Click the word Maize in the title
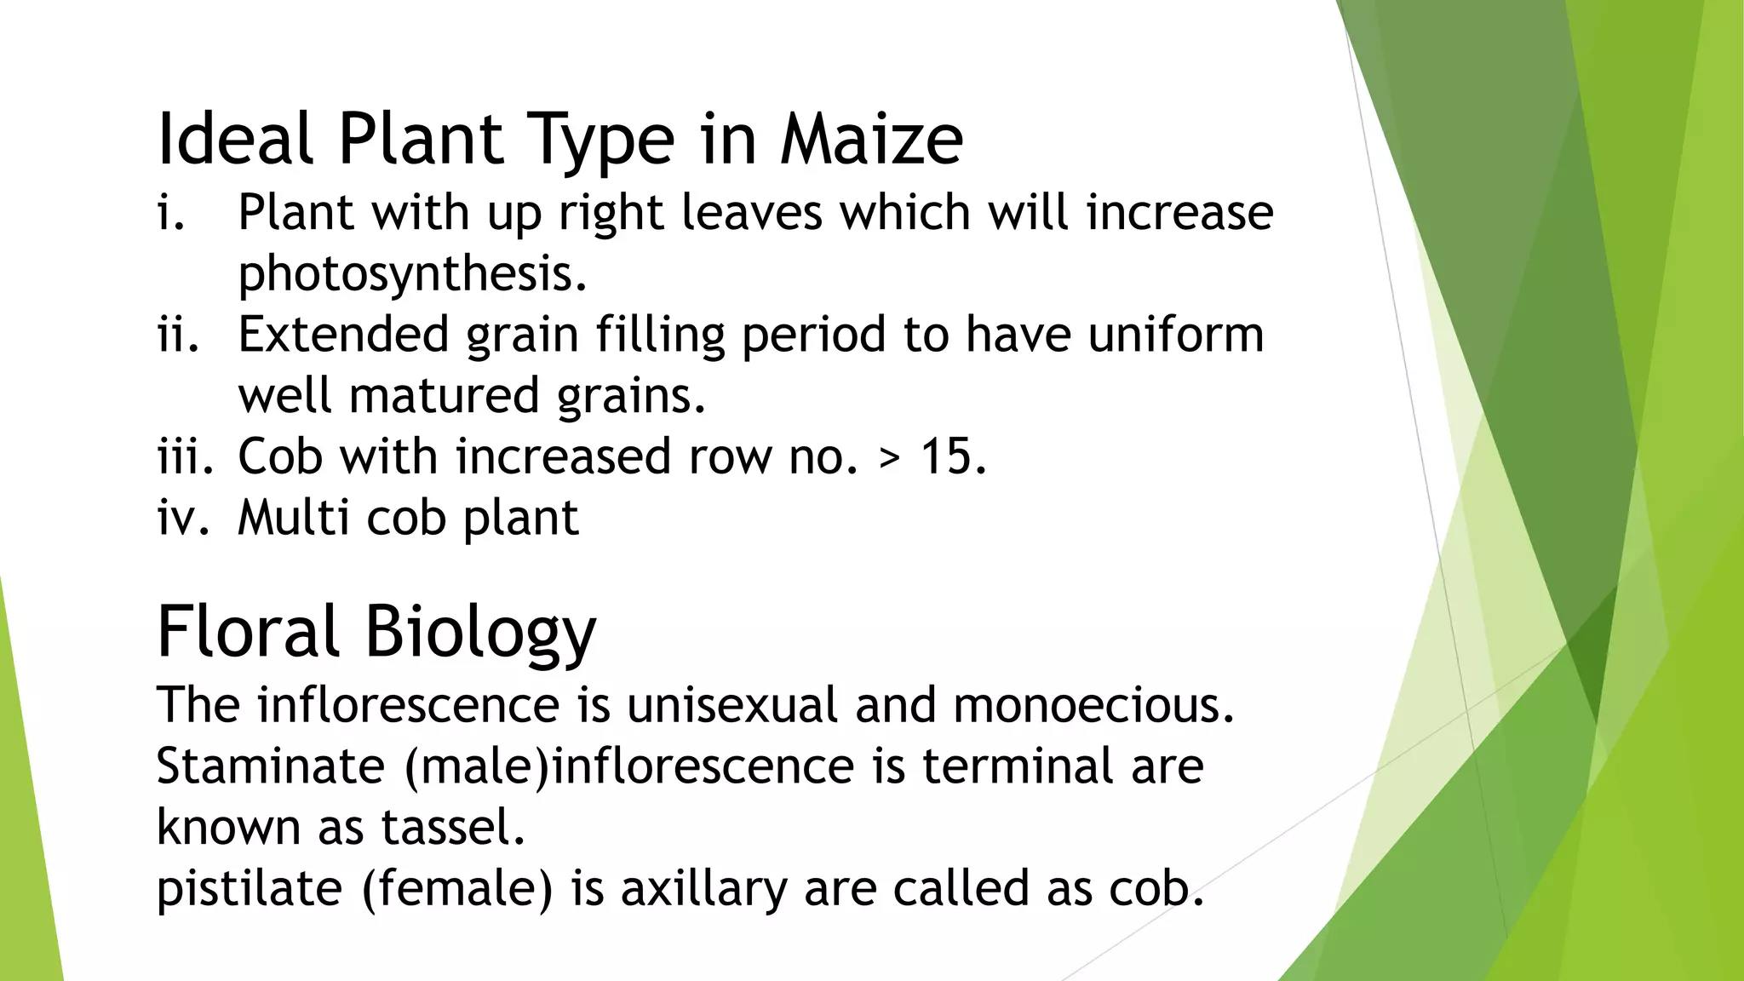pyautogui.click(x=871, y=140)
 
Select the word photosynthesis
pyautogui.click(x=412, y=274)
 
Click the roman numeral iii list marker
pyautogui.click(x=185, y=456)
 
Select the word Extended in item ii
pyautogui.click(x=342, y=334)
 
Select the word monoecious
pyautogui.click(x=1093, y=705)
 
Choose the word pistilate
pyautogui.click(x=249, y=888)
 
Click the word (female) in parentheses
pyautogui.click(x=457, y=888)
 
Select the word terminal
pyautogui.click(x=1018, y=766)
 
